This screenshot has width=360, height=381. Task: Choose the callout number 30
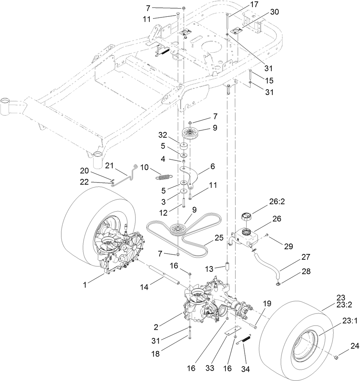[x=274, y=12]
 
